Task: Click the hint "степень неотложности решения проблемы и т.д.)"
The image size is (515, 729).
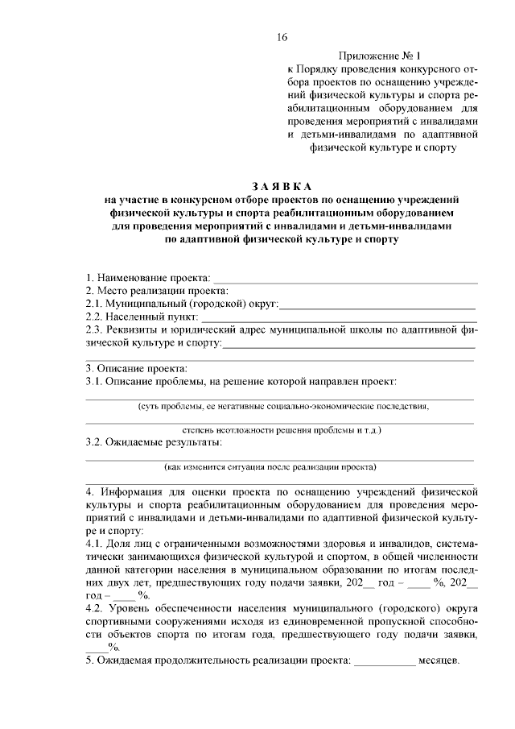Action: click(x=282, y=431)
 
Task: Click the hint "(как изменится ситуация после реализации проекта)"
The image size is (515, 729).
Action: click(x=271, y=466)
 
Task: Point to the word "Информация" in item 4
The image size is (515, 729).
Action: click(x=134, y=491)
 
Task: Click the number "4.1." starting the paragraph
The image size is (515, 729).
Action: click(x=95, y=544)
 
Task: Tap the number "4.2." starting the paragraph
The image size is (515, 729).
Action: click(x=95, y=608)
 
